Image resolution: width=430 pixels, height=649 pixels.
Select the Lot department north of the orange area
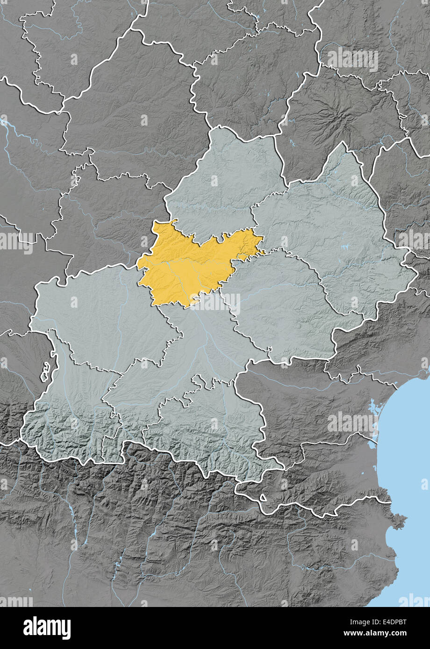click(x=224, y=187)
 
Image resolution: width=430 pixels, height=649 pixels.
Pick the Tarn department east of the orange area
click(x=280, y=303)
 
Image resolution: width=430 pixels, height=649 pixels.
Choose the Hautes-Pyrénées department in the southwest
click(x=70, y=411)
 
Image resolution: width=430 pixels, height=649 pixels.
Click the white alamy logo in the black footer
click(x=47, y=628)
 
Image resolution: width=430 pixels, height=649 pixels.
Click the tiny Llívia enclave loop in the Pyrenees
click(x=263, y=498)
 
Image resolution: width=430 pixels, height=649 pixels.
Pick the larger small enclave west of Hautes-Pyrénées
click(x=46, y=374)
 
